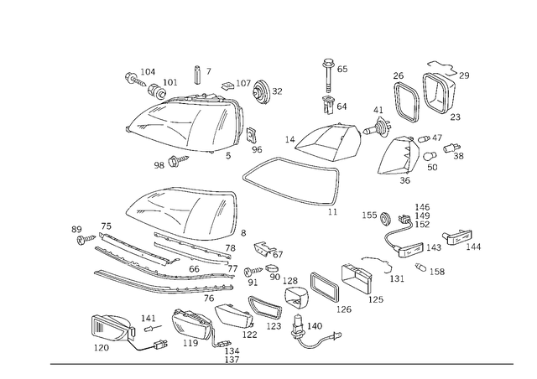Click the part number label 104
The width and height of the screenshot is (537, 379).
pos(148,72)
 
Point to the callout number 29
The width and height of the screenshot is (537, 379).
pos(464,75)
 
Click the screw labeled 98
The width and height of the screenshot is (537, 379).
pos(179,160)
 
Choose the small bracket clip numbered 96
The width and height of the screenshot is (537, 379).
pos(252,135)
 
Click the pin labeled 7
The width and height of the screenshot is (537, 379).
pos(198,75)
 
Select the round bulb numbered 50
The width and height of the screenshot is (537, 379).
pos(429,156)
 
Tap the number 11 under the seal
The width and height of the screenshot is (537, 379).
pos(332,212)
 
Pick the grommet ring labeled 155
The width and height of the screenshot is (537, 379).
pos(386,218)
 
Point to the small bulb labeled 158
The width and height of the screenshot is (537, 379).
pos(420,267)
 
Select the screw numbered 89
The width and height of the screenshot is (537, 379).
pos(86,239)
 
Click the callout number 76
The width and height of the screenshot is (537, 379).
pos(209,299)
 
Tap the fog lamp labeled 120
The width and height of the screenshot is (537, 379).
pos(112,328)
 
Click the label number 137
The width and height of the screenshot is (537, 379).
pos(232,360)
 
